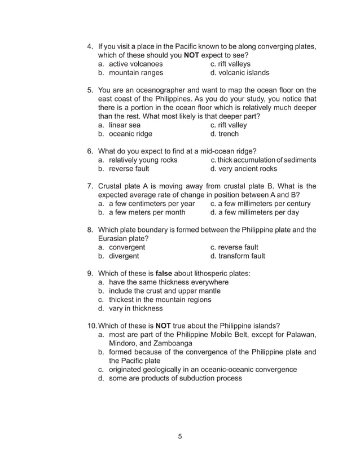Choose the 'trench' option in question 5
pyautogui.click(x=229, y=134)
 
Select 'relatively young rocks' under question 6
pyautogui.click(x=143, y=160)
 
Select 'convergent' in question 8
pyautogui.click(x=127, y=247)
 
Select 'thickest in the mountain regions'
pyautogui.click(x=160, y=300)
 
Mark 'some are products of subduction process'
pyautogui.click(x=175, y=379)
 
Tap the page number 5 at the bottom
pyautogui.click(x=180, y=436)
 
